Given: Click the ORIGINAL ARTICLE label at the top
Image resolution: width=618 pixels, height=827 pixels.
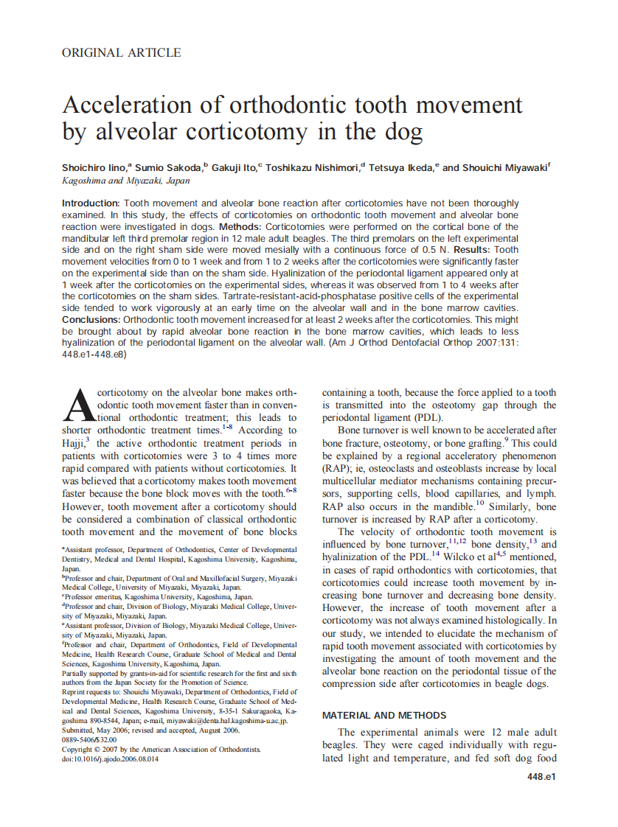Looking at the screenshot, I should point(121,52).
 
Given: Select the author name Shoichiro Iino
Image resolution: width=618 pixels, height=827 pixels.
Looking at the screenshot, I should point(94,167).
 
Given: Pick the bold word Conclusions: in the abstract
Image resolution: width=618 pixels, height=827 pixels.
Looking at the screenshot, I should point(91,321).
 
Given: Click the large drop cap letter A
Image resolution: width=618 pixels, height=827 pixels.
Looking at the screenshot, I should point(80,405).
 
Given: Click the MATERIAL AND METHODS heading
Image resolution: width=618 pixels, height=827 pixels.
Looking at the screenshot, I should point(384,715).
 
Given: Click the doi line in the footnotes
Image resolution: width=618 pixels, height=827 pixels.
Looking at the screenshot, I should point(110,759).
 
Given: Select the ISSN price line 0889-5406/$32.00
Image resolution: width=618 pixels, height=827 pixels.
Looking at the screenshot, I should point(89,739).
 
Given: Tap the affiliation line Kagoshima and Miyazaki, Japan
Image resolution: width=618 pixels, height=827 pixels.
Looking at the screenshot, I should point(125,181).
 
